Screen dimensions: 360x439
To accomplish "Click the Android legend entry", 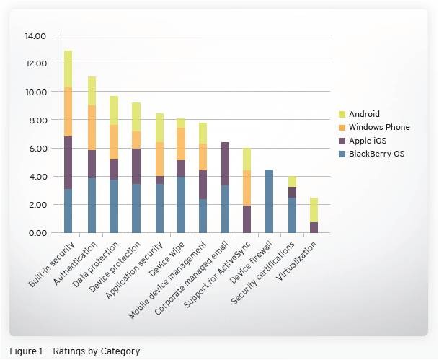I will coord(364,114).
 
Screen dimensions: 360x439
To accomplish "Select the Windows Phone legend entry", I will coord(378,127).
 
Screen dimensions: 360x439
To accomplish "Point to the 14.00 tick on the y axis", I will coord(35,35).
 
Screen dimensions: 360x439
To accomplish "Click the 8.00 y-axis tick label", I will coord(37,120).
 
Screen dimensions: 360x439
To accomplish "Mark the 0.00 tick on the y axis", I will coord(37,233).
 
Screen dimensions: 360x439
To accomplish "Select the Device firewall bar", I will coord(270,201).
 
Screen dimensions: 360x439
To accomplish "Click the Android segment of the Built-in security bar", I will coord(68,69).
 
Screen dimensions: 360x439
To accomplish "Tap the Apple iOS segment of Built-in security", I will coord(68,162).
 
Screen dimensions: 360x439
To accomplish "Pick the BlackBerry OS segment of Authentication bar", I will coord(92,205).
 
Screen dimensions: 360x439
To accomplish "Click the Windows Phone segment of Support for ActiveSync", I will coord(247,188).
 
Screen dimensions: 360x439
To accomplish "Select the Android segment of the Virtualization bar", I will coord(314,210).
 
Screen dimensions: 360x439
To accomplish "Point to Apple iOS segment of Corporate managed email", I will coord(225,164).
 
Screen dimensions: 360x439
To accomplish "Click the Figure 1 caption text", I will coord(75,351).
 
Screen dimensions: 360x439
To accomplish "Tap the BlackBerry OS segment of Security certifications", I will coord(292,215).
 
